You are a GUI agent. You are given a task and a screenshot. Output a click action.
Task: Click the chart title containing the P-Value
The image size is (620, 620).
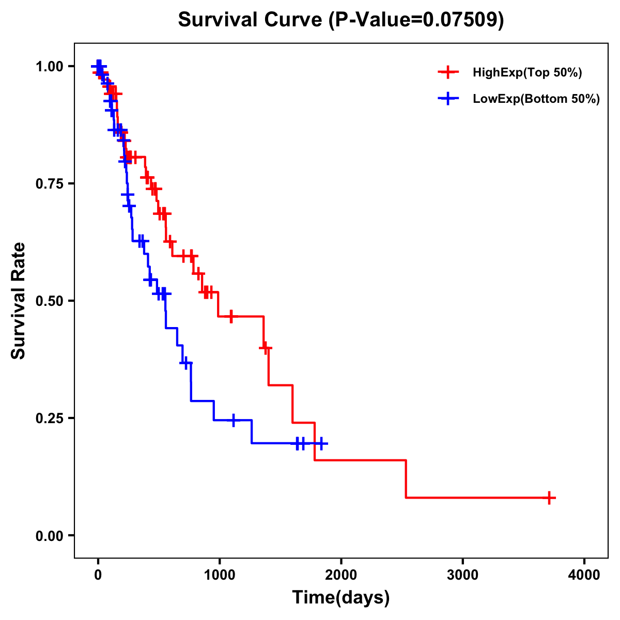click(340, 20)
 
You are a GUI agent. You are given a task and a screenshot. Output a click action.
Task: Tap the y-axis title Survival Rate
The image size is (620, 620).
click(19, 301)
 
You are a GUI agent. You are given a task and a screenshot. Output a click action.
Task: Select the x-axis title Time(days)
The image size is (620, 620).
click(340, 598)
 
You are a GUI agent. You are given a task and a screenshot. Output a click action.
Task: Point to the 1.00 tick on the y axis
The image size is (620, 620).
click(49, 66)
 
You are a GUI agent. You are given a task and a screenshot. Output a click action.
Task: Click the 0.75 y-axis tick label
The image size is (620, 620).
click(49, 183)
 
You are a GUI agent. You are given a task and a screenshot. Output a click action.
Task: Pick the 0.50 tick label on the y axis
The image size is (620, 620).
click(49, 301)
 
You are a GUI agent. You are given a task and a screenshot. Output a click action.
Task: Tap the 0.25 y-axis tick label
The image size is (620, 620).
click(49, 418)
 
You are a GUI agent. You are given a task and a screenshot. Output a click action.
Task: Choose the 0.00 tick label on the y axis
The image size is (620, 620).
click(49, 535)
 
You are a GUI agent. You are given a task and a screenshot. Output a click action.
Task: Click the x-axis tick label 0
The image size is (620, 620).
click(98, 575)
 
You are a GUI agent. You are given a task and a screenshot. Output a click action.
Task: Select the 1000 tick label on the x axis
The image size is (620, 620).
click(219, 575)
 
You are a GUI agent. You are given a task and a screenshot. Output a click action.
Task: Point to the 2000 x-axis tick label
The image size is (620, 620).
click(341, 575)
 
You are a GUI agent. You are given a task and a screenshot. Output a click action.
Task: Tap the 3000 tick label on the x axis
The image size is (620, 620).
click(462, 575)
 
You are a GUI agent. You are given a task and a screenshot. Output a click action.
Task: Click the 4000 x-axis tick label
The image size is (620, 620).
click(584, 575)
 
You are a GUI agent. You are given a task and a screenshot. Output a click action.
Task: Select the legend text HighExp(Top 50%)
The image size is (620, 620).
click(527, 73)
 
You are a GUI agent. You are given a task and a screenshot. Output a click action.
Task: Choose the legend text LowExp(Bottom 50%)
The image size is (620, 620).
click(536, 99)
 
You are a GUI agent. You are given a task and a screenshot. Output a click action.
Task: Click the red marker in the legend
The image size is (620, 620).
click(448, 72)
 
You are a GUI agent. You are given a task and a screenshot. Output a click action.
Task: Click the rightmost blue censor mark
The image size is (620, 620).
click(321, 443)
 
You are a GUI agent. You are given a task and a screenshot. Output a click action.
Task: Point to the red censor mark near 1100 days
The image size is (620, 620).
click(231, 316)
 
